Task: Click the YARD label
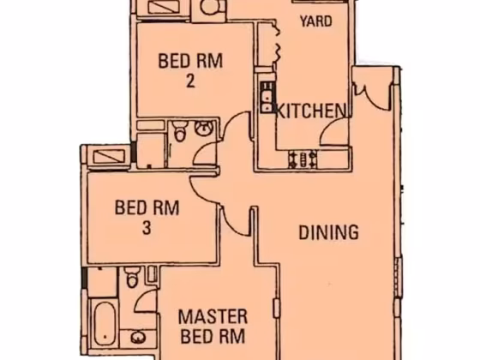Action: [x=316, y=21]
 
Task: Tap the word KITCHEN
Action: [x=311, y=111]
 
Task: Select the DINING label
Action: [x=328, y=232]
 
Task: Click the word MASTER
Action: [x=213, y=316]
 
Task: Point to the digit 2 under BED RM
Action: [x=190, y=81]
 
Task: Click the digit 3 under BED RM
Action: [x=147, y=228]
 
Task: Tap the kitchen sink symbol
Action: [x=267, y=98]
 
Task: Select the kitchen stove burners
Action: [x=303, y=159]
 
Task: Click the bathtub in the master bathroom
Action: [x=105, y=324]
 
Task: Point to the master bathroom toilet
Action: [x=132, y=277]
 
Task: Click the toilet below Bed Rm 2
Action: [x=180, y=131]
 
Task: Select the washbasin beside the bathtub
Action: [x=138, y=338]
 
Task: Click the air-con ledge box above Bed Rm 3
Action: [x=110, y=157]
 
